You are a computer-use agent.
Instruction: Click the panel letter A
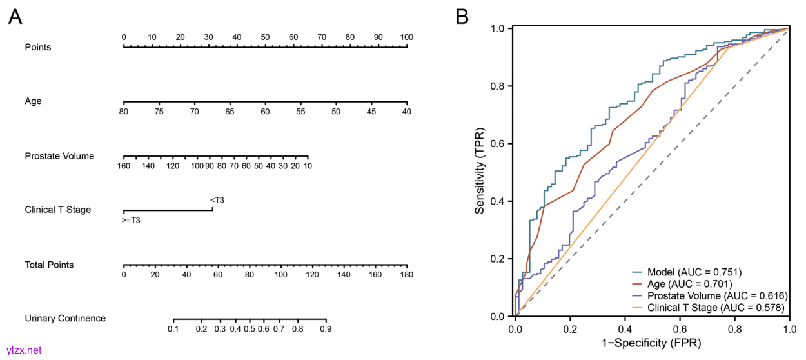[16, 17]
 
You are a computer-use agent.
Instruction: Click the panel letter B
[462, 17]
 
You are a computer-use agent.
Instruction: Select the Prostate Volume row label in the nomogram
[59, 156]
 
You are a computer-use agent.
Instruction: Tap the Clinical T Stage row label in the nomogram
[58, 210]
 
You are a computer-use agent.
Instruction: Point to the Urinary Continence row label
[65, 318]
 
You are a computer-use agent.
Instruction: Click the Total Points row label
[49, 265]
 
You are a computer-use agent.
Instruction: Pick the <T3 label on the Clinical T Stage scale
[217, 200]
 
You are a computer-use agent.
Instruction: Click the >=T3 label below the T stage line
[132, 221]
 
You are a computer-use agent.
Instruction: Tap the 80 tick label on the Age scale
[124, 112]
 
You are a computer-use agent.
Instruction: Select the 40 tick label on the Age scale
[406, 112]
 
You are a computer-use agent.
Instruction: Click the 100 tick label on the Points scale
[406, 37]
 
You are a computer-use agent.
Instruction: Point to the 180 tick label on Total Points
[406, 275]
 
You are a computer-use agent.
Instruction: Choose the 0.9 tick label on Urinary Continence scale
[326, 329]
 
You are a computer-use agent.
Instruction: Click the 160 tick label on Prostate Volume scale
[124, 166]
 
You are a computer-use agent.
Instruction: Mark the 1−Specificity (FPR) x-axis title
[652, 343]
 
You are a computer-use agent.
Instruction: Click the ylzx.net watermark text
[24, 350]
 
